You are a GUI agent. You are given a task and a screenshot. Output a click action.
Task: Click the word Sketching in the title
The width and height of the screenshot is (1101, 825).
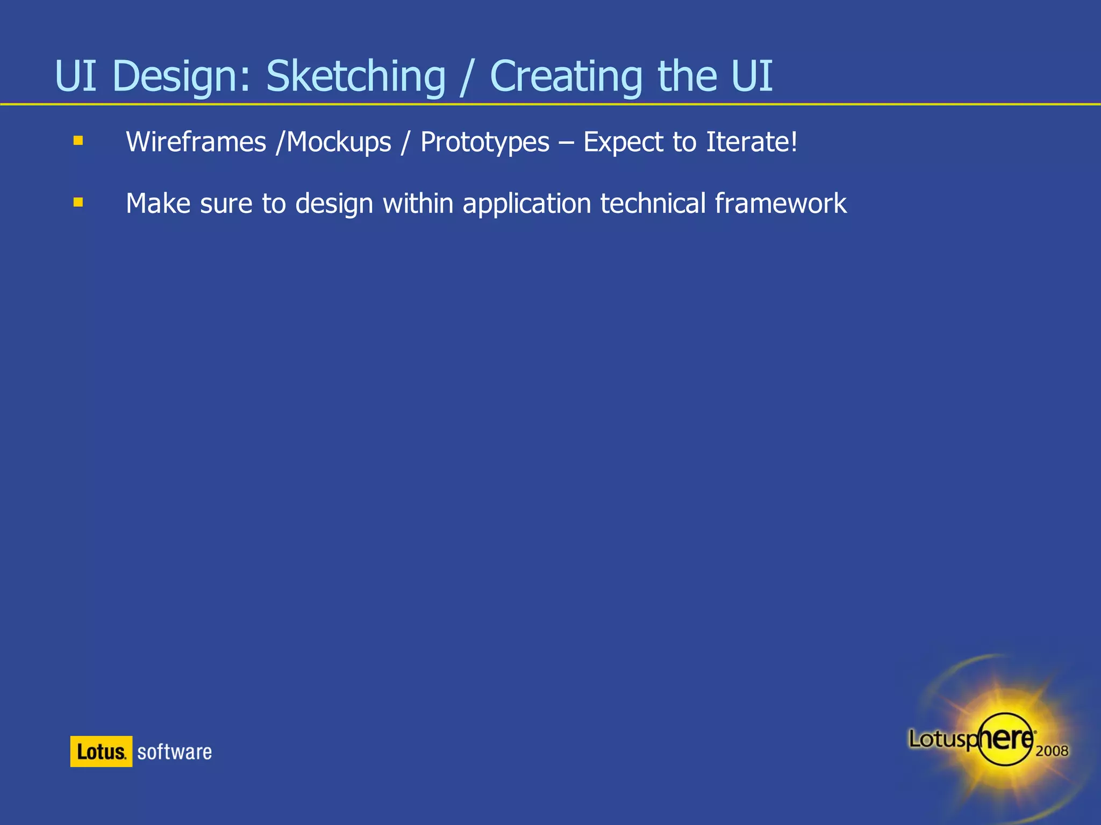[x=355, y=76]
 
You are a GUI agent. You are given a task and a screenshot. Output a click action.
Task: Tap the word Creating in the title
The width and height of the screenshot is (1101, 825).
[x=566, y=76]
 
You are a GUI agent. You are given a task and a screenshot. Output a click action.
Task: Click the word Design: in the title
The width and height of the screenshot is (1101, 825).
[x=181, y=76]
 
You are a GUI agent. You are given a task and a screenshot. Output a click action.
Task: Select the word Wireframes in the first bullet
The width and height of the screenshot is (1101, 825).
[x=196, y=142]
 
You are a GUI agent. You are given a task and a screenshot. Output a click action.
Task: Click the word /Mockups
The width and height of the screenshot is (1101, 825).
[x=333, y=142]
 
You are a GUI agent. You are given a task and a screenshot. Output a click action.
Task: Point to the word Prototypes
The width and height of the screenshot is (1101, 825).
[x=485, y=142]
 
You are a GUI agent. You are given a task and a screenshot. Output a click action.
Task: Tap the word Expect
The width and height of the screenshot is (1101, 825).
[x=623, y=142]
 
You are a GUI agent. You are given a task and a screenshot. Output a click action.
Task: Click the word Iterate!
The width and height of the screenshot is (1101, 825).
[x=752, y=142]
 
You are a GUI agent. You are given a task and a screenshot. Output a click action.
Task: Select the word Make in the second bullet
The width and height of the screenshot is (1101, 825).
[x=158, y=204]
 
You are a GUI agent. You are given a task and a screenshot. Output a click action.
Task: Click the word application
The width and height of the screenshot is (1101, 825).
[x=526, y=204]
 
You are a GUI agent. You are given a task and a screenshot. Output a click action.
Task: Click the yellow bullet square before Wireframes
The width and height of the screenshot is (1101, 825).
[x=78, y=141]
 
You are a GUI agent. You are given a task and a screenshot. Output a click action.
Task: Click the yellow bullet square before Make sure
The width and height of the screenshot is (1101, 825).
[x=78, y=202]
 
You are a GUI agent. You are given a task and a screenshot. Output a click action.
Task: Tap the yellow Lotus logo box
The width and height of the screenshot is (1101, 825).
[x=101, y=751]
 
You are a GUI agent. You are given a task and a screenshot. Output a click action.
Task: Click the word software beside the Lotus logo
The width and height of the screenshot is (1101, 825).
[x=174, y=752]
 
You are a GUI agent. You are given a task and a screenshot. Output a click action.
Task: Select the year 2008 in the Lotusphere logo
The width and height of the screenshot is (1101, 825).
[x=1052, y=751]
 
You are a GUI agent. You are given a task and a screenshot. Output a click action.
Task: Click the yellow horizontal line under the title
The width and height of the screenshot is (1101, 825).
[x=550, y=104]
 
